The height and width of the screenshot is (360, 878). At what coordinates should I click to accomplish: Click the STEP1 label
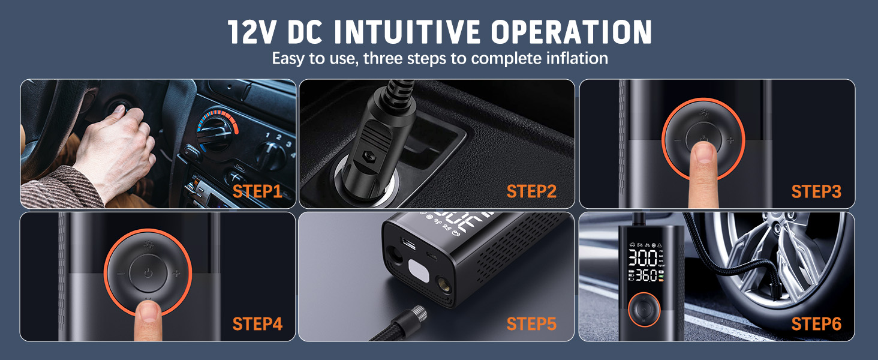click(257, 191)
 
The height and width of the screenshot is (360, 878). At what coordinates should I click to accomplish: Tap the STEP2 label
click(531, 191)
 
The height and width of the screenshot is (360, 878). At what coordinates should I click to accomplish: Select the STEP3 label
click(816, 191)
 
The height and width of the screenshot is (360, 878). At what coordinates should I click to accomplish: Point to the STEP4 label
click(257, 324)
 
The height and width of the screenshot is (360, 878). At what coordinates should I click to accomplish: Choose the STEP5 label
click(531, 324)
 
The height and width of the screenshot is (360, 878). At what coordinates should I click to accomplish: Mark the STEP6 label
click(816, 324)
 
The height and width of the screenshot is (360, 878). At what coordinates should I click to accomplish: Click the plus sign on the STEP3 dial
click(730, 141)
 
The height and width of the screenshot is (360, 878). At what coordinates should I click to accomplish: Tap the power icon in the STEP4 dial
click(148, 274)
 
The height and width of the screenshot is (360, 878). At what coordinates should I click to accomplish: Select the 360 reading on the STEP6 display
click(644, 277)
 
